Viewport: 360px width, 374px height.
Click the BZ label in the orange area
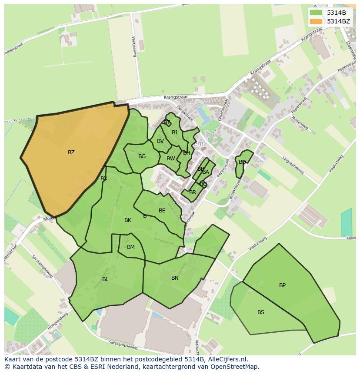[x=71, y=152]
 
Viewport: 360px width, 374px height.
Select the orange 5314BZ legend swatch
[x=316, y=21]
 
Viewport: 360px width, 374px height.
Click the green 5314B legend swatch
[x=316, y=13]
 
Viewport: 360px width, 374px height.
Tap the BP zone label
[x=282, y=285]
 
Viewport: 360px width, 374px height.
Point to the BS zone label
[x=260, y=312]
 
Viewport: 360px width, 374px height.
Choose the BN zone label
[x=175, y=278]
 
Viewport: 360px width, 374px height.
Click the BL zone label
[x=105, y=279]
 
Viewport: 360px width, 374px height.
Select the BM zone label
[x=131, y=247]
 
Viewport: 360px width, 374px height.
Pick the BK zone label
[x=128, y=220]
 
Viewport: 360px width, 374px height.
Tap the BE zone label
[x=162, y=211]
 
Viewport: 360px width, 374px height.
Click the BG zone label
[x=142, y=156]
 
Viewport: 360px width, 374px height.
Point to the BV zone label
[x=160, y=141]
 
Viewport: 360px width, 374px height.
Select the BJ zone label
[x=174, y=132]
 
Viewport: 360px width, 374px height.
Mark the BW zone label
[x=170, y=159]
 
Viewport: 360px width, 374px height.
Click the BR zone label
[x=193, y=192]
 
